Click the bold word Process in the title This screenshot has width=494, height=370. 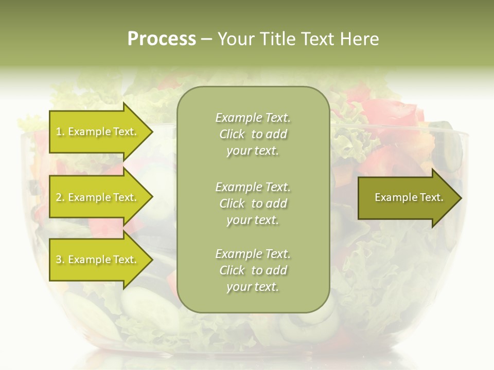click(x=162, y=39)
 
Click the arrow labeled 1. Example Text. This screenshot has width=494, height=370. click(x=98, y=132)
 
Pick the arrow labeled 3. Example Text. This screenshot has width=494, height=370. click(x=98, y=260)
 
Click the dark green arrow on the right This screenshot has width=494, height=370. click(x=407, y=198)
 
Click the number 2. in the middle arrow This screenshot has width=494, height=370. click(x=60, y=198)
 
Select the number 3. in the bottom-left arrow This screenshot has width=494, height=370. click(x=60, y=260)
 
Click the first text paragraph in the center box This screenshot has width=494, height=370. click(x=253, y=134)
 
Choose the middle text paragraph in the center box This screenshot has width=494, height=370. click(x=253, y=203)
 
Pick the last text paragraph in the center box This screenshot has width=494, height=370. click(x=253, y=270)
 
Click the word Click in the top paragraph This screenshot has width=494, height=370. click(x=232, y=134)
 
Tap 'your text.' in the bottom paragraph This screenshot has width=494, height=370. click(x=253, y=287)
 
